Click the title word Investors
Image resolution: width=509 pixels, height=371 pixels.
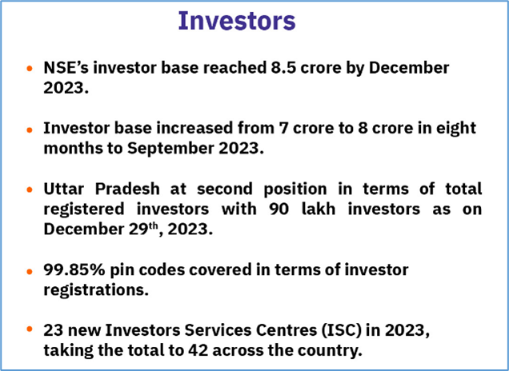pos(237,21)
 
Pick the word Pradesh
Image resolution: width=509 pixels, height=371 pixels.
pos(127,189)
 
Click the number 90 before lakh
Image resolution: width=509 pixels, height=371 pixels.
pos(279,209)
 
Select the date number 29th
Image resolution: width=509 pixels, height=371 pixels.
pos(142,229)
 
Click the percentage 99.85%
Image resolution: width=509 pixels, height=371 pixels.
pos(74,269)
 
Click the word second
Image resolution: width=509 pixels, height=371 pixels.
pos(225,189)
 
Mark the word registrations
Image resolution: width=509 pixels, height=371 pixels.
pos(96,290)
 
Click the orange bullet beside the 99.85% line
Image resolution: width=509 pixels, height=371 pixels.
pos(30,271)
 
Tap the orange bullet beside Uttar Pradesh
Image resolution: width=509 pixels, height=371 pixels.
pos(30,190)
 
